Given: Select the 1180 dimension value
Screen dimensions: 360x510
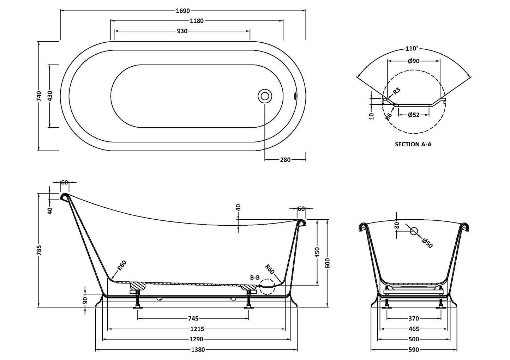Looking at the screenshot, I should point(197,21).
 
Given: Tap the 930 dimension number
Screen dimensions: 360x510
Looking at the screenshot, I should point(182,31).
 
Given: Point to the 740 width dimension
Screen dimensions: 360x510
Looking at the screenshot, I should point(39,96).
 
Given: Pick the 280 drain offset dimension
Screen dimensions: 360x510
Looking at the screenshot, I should point(285,160).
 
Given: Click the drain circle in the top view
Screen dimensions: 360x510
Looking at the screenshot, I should point(265,96).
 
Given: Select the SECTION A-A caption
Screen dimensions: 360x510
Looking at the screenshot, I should point(413,144).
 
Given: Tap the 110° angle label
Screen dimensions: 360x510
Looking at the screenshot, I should point(412,48).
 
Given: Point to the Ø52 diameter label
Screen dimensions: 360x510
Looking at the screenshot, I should point(413,115).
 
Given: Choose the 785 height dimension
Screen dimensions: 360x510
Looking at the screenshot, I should point(39,250).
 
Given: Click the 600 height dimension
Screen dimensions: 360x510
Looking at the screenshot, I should point(328,263).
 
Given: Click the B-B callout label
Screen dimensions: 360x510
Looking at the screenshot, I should point(255,277).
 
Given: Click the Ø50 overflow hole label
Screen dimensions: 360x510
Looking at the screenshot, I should point(427,243).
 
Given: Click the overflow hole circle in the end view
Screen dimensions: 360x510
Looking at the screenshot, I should point(414,231).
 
